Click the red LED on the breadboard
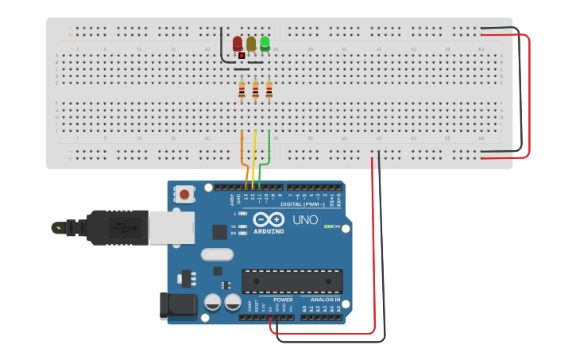pyautogui.click(x=238, y=43)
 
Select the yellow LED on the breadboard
pyautogui.click(x=251, y=43)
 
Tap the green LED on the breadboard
pyautogui.click(x=265, y=42)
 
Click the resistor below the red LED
pyautogui.click(x=242, y=91)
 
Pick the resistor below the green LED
pyautogui.click(x=269, y=91)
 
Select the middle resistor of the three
pyautogui.click(x=255, y=91)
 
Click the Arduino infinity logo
pyautogui.click(x=269, y=219)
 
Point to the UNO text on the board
pyautogui.click(x=305, y=220)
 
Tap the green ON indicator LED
pyautogui.click(x=327, y=226)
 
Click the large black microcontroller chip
pyautogui.click(x=292, y=281)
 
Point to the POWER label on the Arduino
pyautogui.click(x=283, y=300)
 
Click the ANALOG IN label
pyautogui.click(x=326, y=300)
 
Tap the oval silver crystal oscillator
pyautogui.click(x=217, y=255)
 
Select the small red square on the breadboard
pyautogui.click(x=242, y=56)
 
